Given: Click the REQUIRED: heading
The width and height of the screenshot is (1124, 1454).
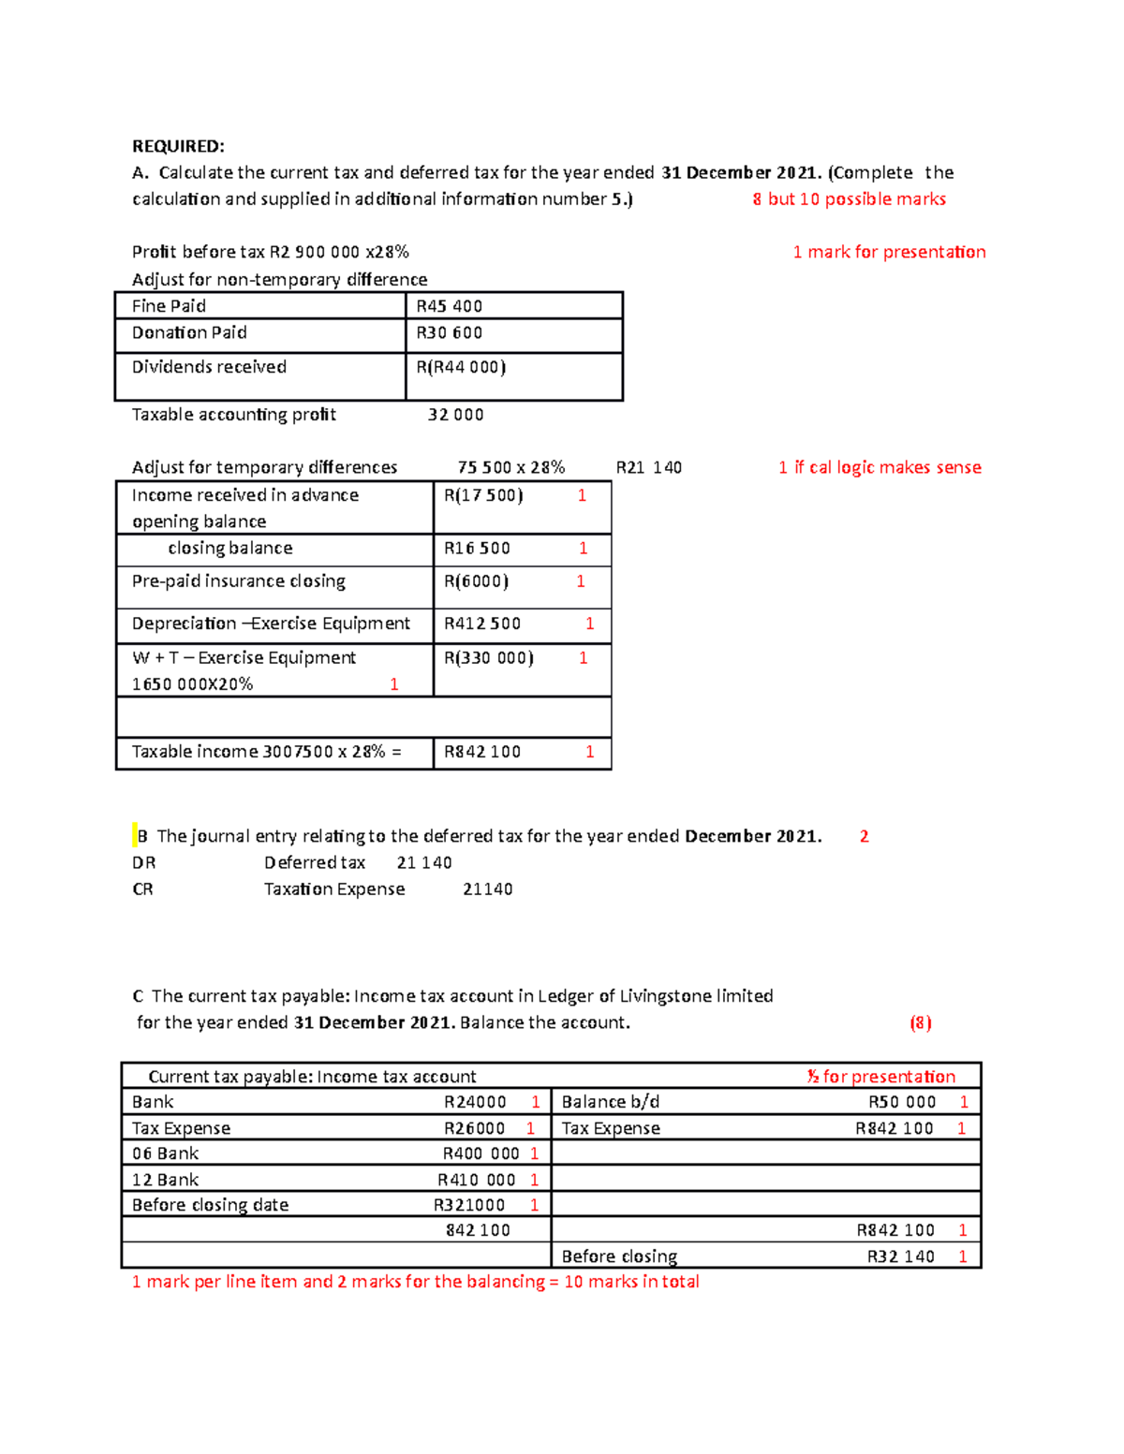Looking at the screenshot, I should click(178, 146).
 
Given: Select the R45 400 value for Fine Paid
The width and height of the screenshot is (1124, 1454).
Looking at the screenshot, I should click(450, 306).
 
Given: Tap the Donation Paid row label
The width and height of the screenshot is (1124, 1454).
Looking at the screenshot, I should click(189, 332).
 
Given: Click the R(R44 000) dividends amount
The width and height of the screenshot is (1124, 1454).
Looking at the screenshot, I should click(461, 367).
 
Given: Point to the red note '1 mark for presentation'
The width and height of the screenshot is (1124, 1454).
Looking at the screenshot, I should click(889, 252).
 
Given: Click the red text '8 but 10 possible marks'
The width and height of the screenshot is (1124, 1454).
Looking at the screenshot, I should click(849, 198).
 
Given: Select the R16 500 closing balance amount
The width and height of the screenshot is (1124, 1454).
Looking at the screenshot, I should click(477, 549).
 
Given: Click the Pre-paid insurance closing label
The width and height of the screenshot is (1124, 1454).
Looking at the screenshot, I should click(239, 581).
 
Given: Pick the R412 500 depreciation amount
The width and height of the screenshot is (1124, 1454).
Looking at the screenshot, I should click(482, 624).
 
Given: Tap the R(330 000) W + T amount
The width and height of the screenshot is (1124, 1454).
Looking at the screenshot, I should click(489, 658).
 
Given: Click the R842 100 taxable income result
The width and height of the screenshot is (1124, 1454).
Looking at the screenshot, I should click(482, 752).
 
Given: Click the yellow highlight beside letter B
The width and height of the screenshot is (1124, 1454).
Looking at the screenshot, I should click(135, 835).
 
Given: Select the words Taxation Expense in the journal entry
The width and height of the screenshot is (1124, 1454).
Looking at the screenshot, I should click(334, 889).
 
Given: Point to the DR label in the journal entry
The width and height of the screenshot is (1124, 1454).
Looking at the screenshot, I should click(143, 862).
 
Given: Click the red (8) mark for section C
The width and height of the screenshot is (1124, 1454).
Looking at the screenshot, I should click(921, 1022).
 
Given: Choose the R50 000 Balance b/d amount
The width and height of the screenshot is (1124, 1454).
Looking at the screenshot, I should click(902, 1102).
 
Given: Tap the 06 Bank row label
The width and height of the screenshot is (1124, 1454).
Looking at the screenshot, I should click(166, 1153).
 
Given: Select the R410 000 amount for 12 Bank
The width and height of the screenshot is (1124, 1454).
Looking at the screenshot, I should click(477, 1180).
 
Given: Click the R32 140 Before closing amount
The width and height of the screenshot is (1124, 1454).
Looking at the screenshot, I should click(900, 1256).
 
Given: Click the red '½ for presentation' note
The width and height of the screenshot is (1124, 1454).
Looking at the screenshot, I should click(880, 1077).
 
